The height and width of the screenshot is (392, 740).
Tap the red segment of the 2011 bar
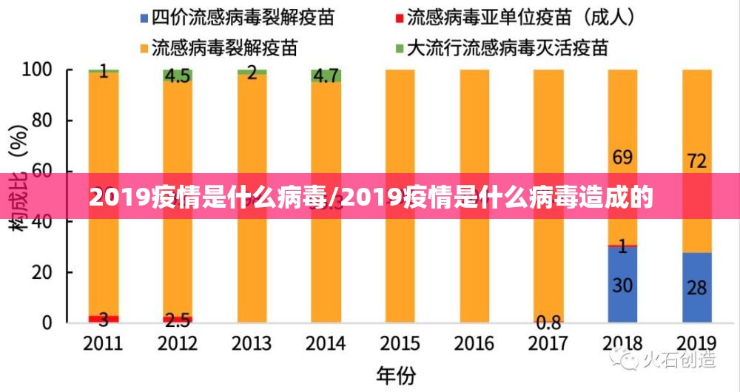pyautogui.click(x=104, y=319)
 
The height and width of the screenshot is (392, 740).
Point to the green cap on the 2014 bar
pyautogui.click(x=326, y=76)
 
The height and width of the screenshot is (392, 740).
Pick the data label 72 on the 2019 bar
pyautogui.click(x=696, y=160)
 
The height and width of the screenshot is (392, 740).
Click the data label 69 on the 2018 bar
pyautogui.click(x=622, y=157)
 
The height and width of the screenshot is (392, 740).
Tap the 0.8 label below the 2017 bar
pyautogui.click(x=548, y=322)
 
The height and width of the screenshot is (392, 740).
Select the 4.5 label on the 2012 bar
pyautogui.click(x=178, y=75)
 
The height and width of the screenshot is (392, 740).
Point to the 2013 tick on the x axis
pyautogui.click(x=252, y=344)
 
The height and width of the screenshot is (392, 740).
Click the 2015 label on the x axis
pyautogui.click(x=400, y=344)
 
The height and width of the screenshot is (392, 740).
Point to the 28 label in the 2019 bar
pyautogui.click(x=696, y=287)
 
